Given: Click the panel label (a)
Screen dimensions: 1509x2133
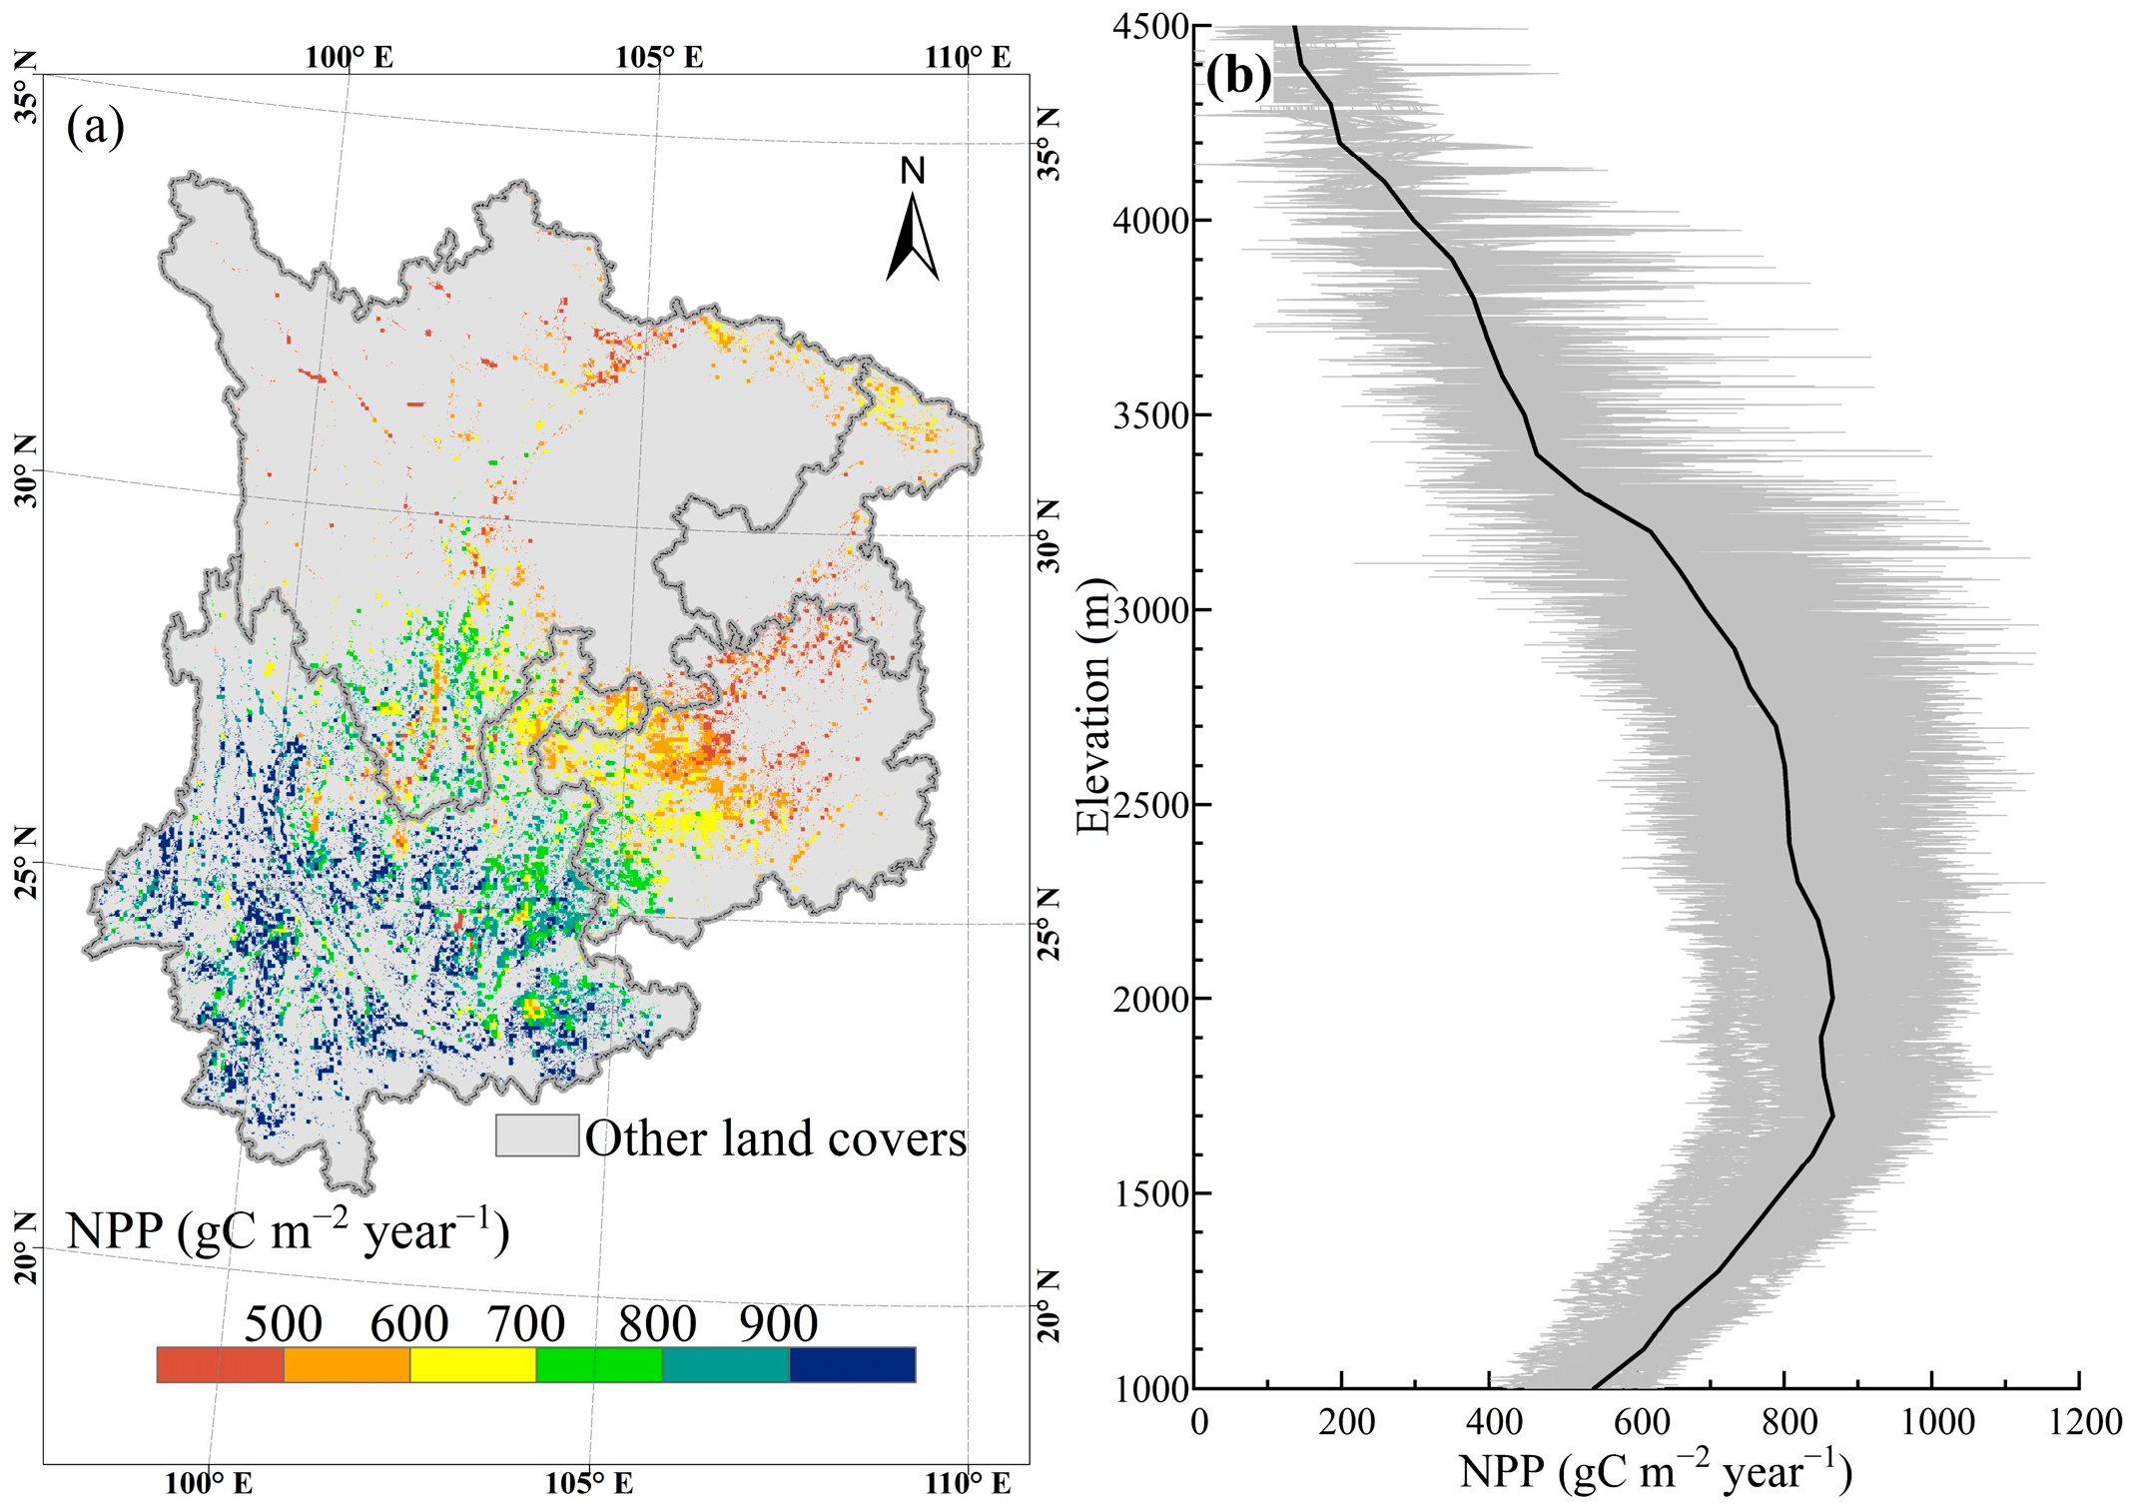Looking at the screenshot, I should tap(95, 127).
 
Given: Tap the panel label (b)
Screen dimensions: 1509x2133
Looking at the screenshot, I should tap(1238, 76).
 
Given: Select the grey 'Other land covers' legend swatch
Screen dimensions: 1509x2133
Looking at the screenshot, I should tap(537, 1135).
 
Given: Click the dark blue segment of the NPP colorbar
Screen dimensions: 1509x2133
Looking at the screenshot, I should tap(852, 1364).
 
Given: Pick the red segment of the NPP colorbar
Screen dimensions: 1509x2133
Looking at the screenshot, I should tap(220, 1364).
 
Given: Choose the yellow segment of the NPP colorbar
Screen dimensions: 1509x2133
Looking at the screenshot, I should tap(472, 1364).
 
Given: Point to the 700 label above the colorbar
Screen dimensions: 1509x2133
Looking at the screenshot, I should tap(526, 1324).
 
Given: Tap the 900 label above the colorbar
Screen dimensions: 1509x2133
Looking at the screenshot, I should tap(779, 1324).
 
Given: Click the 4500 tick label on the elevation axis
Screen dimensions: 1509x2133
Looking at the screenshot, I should tap(1148, 27).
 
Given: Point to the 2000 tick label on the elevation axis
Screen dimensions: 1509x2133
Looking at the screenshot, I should tap(1148, 999).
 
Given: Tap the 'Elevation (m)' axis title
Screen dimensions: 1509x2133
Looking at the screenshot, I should tap(1094, 705).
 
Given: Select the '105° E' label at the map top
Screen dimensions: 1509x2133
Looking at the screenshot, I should tap(659, 57).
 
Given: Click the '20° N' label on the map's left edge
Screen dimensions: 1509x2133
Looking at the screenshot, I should tap(26, 1248).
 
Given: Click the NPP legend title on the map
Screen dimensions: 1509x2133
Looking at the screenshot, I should tap(288, 1231).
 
